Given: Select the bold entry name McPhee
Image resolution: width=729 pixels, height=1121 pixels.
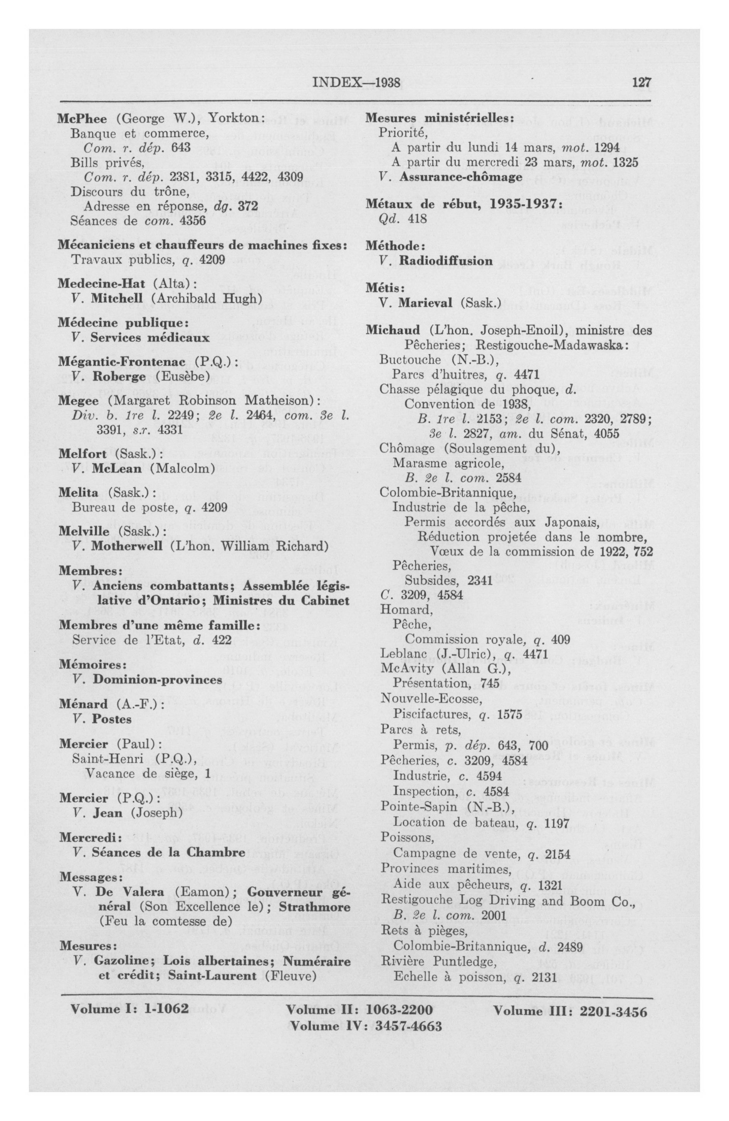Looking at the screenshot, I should point(82,119).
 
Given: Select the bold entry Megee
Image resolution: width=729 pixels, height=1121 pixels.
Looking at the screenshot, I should point(78,401).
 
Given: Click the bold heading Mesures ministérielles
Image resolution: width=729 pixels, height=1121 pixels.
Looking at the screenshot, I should point(438,119).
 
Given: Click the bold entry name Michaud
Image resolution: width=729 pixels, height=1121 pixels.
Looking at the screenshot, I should point(393,330).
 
